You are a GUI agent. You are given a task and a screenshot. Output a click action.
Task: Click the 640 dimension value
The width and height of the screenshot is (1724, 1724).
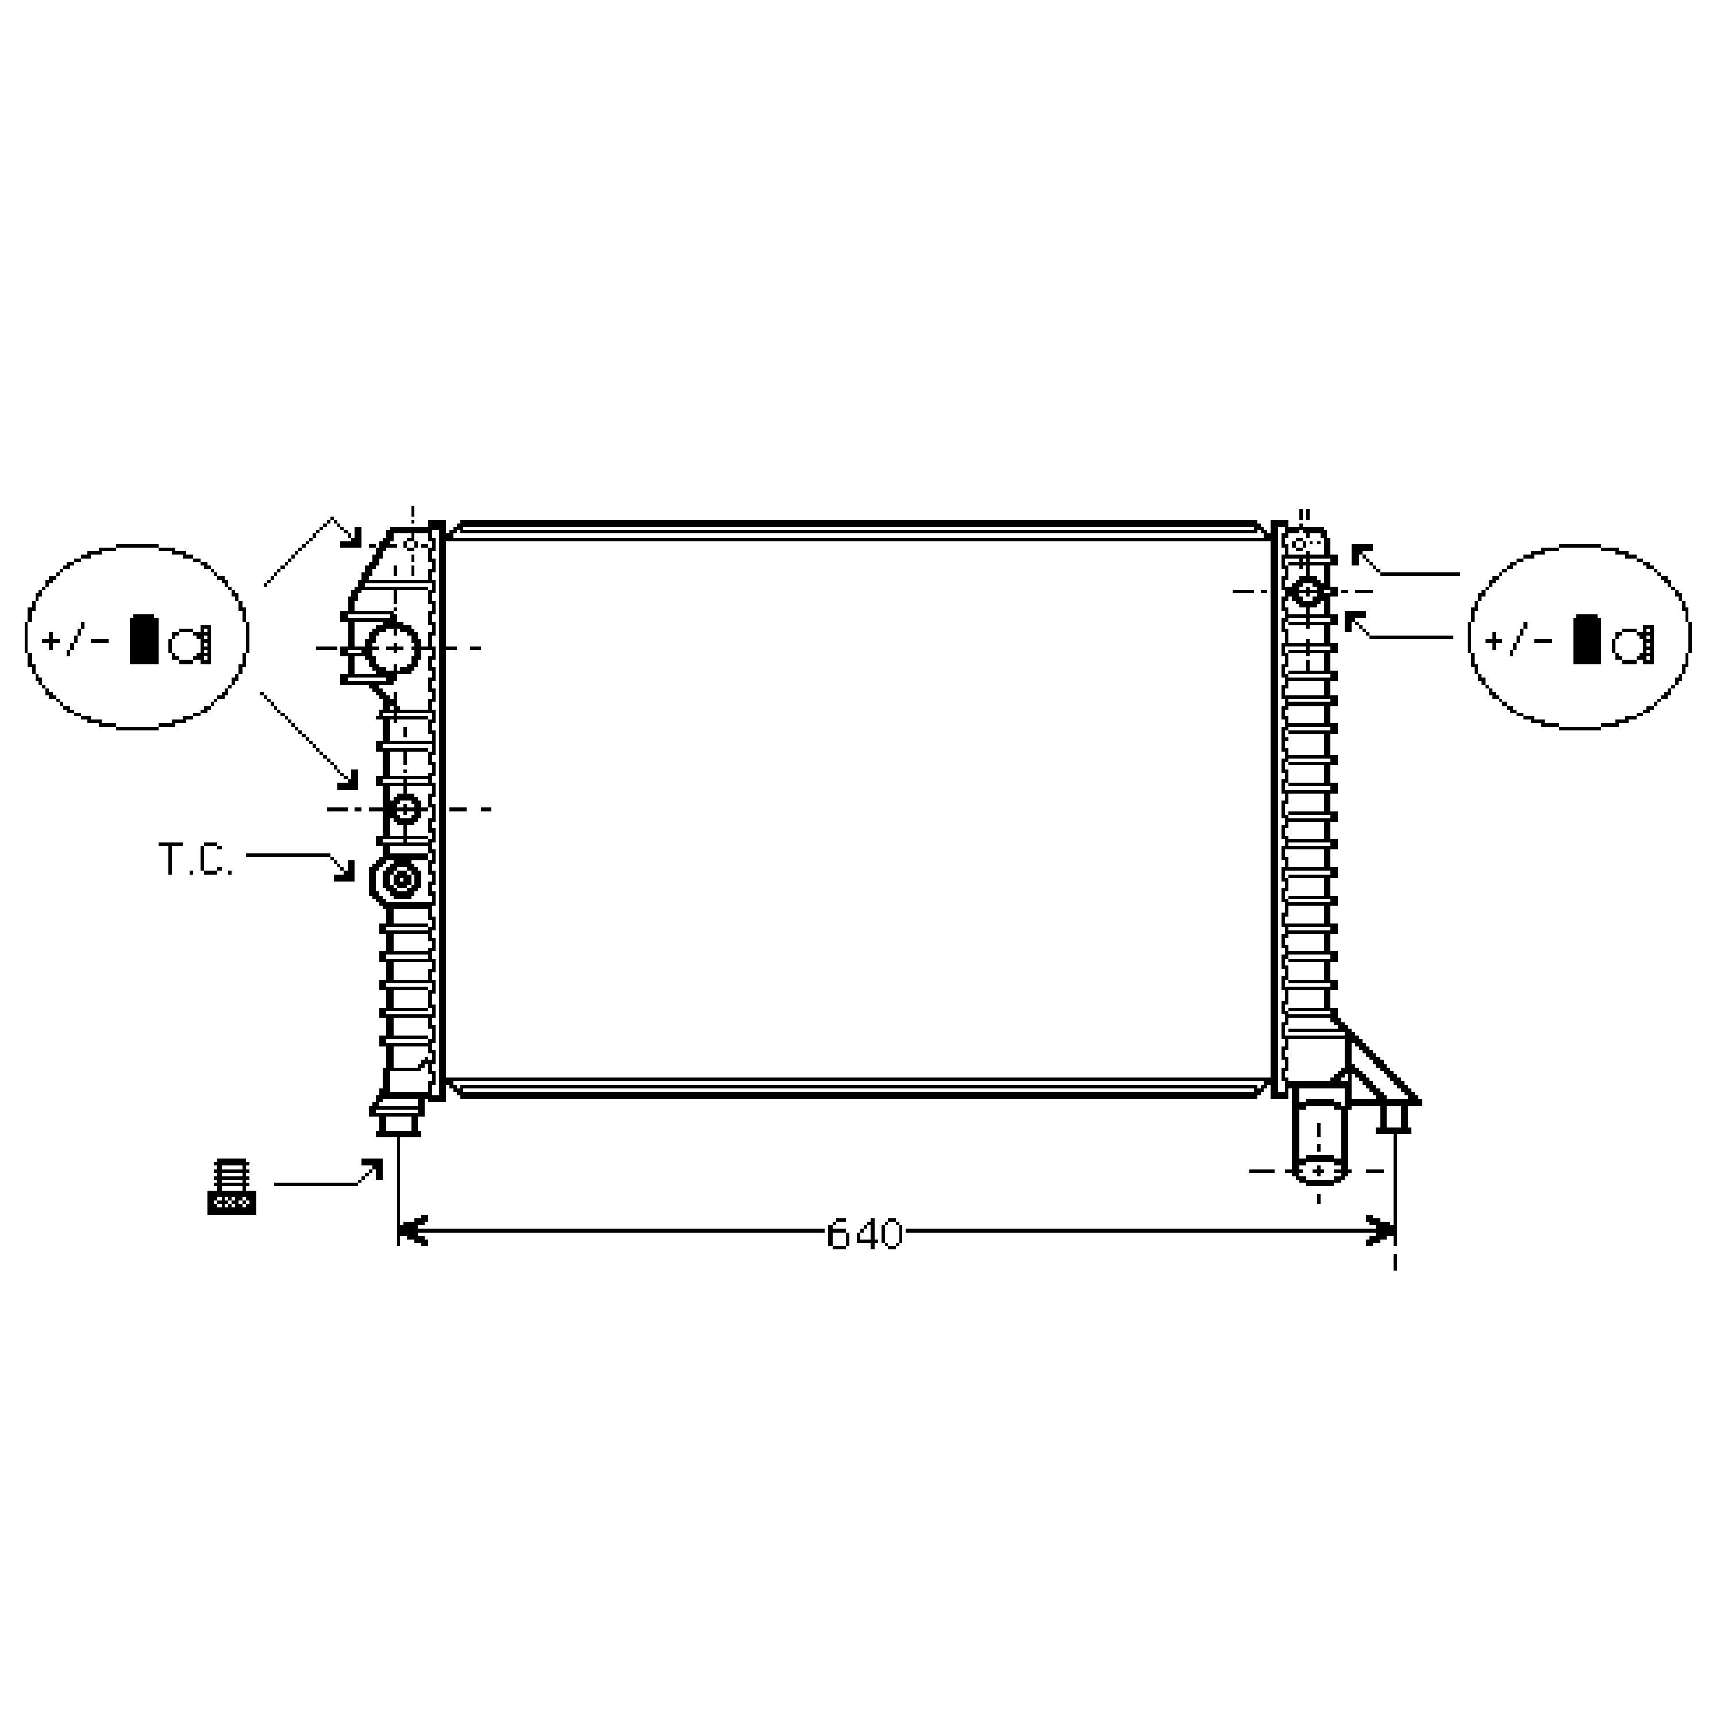pos(865,1234)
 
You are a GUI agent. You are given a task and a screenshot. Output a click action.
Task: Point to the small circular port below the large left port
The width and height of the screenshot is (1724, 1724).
pos(407,809)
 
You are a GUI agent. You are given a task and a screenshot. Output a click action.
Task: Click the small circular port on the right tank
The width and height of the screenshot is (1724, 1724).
pos(1308,591)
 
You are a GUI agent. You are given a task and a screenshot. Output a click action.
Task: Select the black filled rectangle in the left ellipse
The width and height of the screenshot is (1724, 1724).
pos(144,639)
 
